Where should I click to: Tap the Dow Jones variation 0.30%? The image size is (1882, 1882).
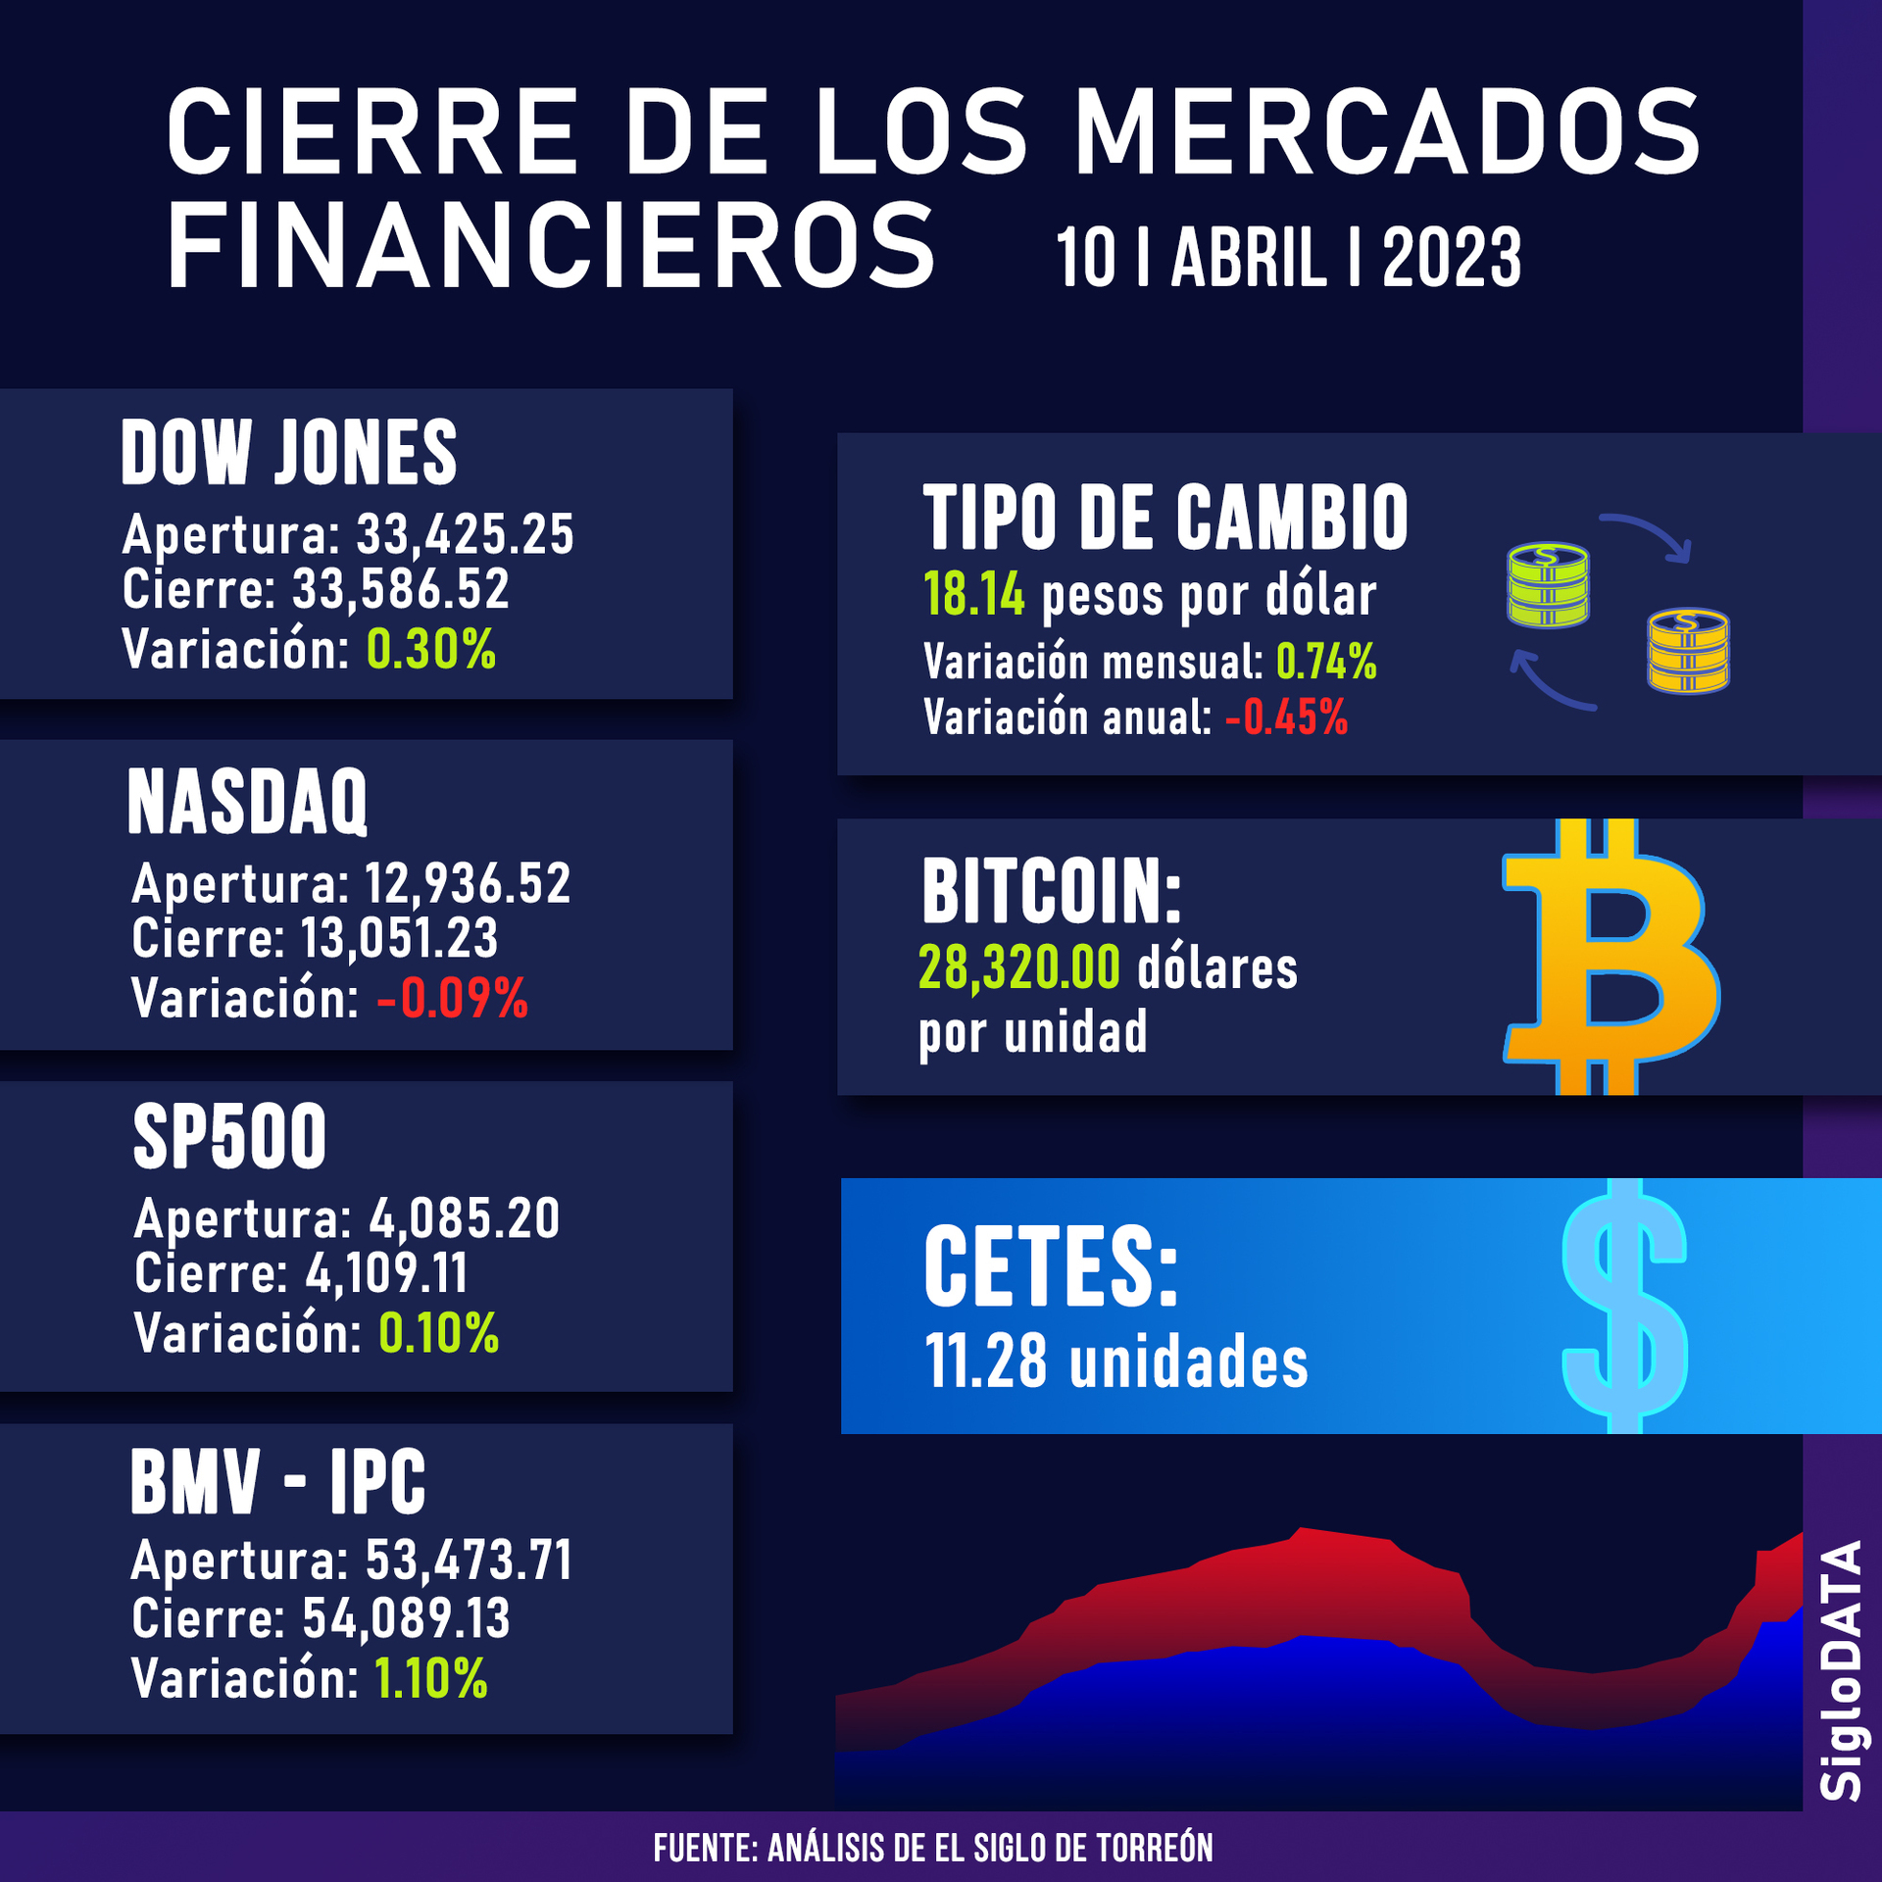pos(431,649)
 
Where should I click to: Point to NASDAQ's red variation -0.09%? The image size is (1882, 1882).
pos(452,999)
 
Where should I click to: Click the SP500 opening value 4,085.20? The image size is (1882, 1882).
pos(464,1218)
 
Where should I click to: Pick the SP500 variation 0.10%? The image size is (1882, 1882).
pos(439,1333)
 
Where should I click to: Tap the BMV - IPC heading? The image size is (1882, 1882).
pos(278,1482)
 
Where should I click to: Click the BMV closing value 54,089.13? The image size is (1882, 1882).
pos(406,1618)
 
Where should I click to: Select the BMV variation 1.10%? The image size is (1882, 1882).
pos(431,1678)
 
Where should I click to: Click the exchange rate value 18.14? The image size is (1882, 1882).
pos(974,595)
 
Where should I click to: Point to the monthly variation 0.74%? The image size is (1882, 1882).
pos(1326,663)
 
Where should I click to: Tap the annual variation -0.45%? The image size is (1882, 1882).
pos(1286,718)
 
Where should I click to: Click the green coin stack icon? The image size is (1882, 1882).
pos(1547,585)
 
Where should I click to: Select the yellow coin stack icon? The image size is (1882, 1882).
pos(1688,651)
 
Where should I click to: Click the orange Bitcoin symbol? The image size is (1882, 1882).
pos(1608,957)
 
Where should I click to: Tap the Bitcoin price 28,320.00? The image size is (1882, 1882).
pos(1019,968)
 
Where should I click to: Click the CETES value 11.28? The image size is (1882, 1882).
pos(986,1362)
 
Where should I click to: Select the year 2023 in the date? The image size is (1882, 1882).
pos(1451,258)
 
